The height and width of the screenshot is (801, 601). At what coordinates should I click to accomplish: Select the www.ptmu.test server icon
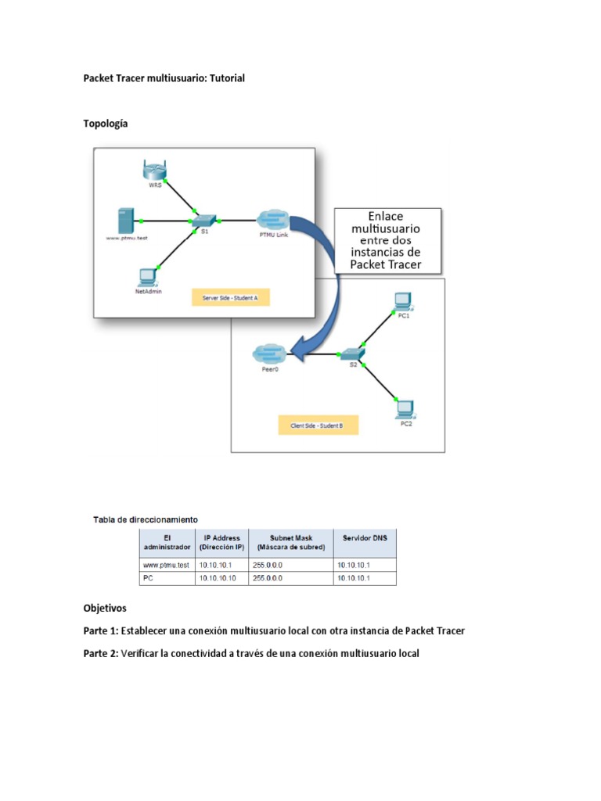click(x=123, y=220)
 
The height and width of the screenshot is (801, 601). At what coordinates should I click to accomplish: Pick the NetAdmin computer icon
click(x=147, y=275)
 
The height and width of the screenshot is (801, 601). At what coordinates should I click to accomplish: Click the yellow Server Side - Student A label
click(x=230, y=298)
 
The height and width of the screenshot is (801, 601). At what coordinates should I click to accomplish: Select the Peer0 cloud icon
click(x=269, y=354)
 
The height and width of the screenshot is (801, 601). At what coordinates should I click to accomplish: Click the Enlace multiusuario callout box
click(x=387, y=239)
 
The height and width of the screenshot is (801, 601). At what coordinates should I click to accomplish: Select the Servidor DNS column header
click(x=364, y=537)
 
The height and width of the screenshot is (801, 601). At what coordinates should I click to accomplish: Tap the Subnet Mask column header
click(x=290, y=542)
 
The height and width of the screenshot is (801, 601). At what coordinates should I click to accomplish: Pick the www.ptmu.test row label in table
click(x=166, y=565)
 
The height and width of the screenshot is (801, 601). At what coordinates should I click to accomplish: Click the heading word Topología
click(x=106, y=124)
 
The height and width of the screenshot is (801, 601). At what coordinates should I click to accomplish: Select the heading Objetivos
click(x=105, y=608)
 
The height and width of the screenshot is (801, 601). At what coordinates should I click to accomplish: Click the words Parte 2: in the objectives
click(x=101, y=653)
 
